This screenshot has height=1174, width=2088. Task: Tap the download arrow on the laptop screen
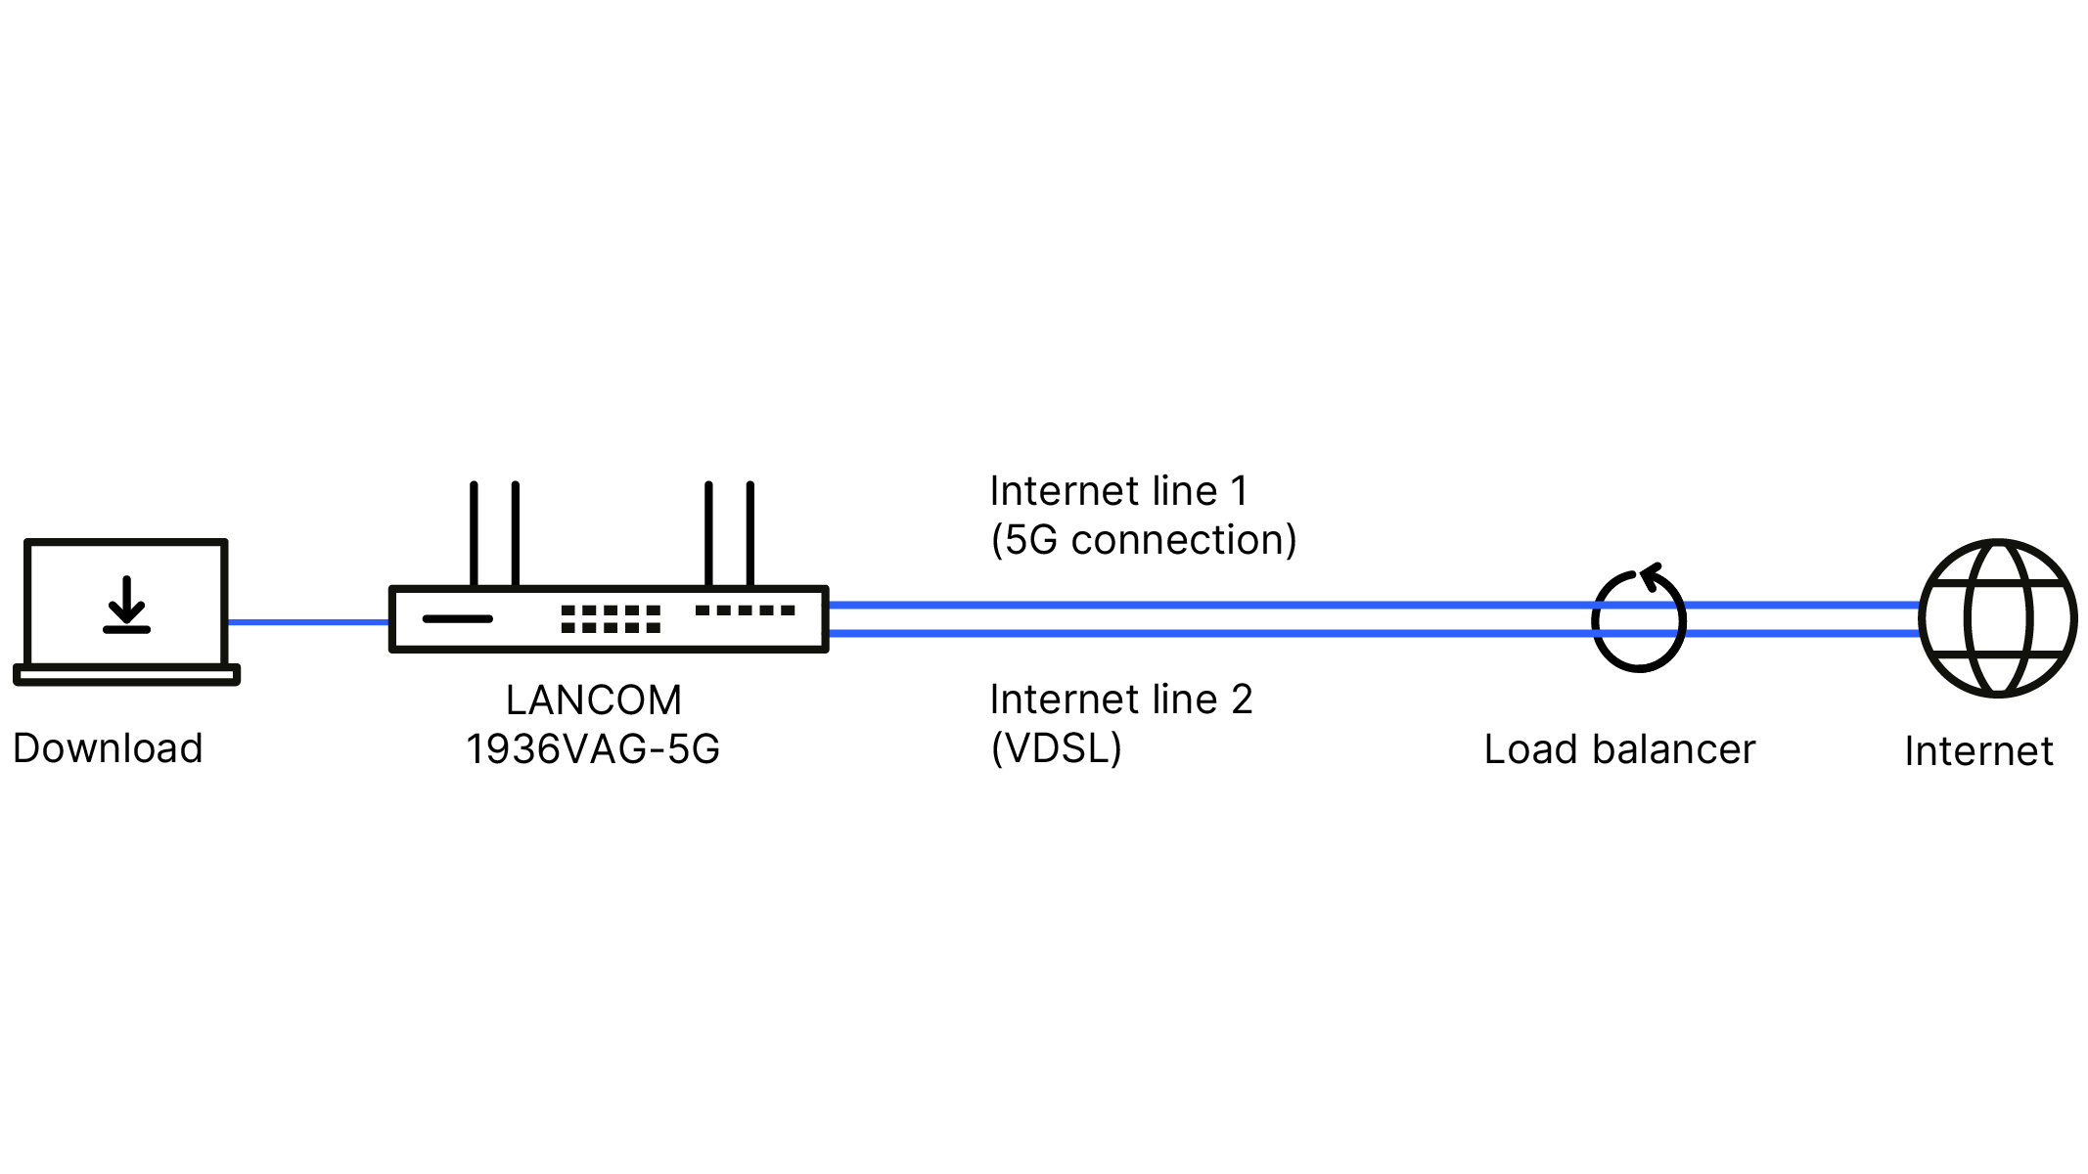(126, 605)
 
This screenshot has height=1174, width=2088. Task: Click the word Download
(108, 748)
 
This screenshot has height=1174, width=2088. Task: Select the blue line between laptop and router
(308, 622)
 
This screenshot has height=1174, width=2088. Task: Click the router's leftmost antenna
(474, 534)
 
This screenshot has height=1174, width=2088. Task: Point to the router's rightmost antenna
(750, 534)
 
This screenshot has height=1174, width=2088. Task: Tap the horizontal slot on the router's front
(457, 618)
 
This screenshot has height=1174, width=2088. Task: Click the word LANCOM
(594, 700)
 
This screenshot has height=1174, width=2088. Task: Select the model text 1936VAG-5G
(593, 749)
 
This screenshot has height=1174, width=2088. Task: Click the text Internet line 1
(1119, 491)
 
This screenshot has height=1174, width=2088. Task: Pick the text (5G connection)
(1144, 540)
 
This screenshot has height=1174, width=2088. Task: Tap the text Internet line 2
(1121, 700)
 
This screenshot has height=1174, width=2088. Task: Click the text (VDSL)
(1057, 748)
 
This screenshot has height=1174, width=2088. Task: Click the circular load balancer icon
(1593, 619)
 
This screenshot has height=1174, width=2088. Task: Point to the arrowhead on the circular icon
(1650, 575)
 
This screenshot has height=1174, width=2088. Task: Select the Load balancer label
(1619, 749)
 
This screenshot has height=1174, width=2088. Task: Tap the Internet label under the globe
(1978, 751)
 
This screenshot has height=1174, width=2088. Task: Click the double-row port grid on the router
(611, 618)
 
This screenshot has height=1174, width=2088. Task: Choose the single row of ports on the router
(745, 610)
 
